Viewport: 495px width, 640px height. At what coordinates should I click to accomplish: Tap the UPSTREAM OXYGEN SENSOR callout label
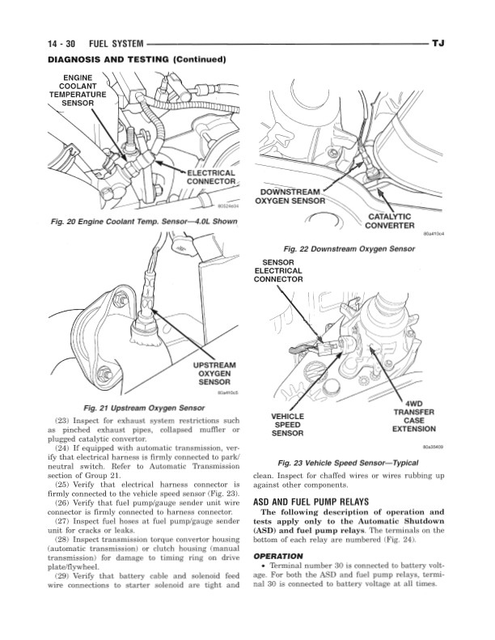(214, 374)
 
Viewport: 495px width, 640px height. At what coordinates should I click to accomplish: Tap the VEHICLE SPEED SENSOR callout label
(288, 424)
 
